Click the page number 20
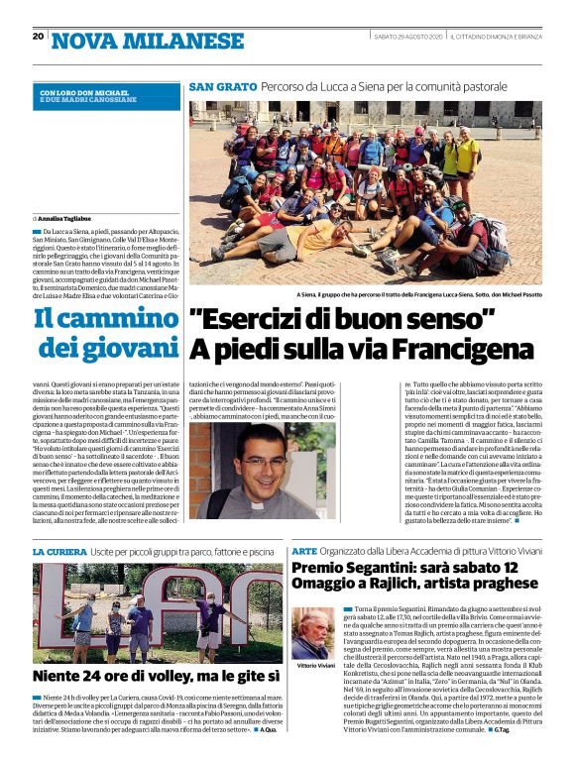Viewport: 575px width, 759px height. pos(38,37)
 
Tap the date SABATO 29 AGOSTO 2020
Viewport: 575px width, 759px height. pos(407,37)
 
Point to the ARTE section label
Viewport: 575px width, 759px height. pos(304,551)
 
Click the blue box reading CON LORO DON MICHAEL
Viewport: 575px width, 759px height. pos(105,96)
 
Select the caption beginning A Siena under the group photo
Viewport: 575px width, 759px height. pos(417,294)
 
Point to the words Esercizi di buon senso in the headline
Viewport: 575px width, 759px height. pos(342,321)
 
